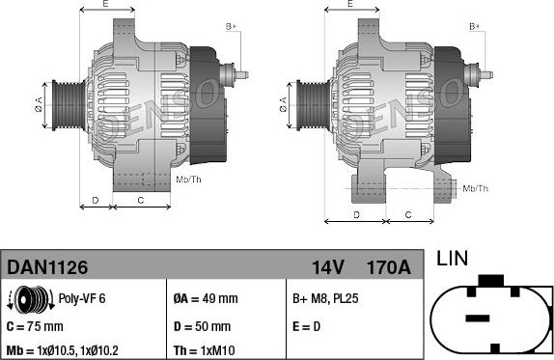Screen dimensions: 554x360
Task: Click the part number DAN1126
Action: click(x=47, y=267)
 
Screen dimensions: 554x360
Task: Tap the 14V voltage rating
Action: click(x=327, y=267)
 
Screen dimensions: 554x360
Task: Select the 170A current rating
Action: click(x=389, y=267)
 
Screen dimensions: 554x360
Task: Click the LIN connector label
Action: click(x=453, y=259)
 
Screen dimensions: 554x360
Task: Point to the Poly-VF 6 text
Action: click(x=82, y=298)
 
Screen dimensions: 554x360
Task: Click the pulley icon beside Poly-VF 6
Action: click(x=31, y=299)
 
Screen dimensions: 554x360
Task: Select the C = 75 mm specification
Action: click(x=35, y=326)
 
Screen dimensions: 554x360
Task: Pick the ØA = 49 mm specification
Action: click(x=206, y=298)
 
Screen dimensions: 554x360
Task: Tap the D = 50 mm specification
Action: click(x=202, y=326)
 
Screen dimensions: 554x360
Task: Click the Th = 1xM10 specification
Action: click(x=204, y=350)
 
